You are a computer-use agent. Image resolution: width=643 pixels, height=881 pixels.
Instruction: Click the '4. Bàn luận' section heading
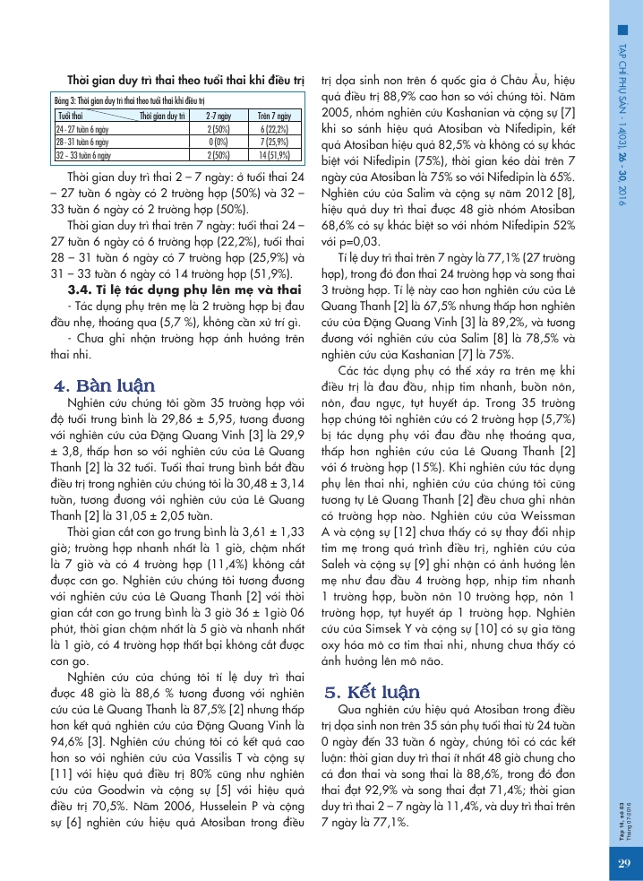pyautogui.click(x=105, y=386)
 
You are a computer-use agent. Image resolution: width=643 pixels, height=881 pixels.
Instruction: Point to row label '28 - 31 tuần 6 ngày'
pyautogui.click(x=82, y=142)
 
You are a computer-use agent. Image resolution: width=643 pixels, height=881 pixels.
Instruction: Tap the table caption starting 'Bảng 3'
pyautogui.click(x=130, y=102)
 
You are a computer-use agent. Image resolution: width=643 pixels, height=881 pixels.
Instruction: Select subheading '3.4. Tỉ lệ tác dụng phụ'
pyautogui.click(x=184, y=289)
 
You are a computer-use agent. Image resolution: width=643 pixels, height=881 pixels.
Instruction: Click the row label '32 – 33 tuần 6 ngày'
pyautogui.click(x=83, y=154)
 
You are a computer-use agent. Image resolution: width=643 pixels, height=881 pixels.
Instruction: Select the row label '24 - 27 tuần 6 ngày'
pyautogui.click(x=82, y=129)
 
